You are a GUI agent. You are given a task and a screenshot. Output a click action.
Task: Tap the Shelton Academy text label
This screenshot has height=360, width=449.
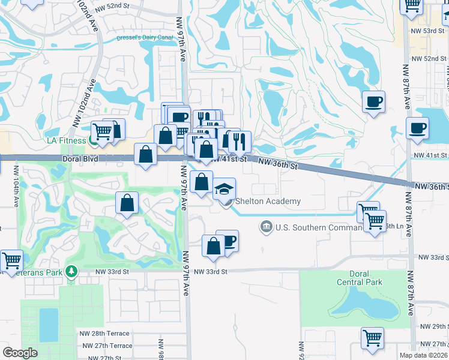click(268, 202)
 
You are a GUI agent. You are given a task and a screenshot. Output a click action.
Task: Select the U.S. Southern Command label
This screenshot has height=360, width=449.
click(313, 227)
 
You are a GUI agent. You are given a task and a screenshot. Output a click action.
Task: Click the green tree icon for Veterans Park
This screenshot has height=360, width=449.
click(73, 271)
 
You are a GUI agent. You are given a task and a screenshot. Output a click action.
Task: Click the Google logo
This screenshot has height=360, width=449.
click(20, 353)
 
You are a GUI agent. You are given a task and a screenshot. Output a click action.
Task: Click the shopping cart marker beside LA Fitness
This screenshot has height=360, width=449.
click(103, 130)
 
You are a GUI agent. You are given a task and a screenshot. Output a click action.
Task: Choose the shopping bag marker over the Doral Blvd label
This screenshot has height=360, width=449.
click(146, 154)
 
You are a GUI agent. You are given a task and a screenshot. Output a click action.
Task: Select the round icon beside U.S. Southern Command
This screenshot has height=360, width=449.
click(266, 227)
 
